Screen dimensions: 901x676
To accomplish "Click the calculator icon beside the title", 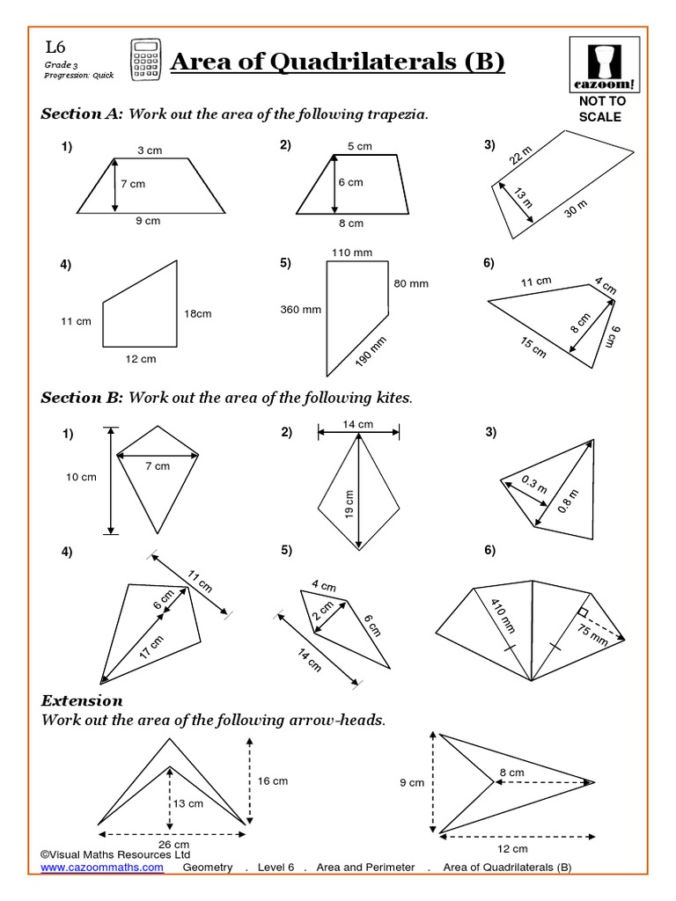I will tap(144, 61).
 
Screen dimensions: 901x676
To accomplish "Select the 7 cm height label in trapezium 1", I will tap(131, 184).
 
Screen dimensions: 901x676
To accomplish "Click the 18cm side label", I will tap(198, 314).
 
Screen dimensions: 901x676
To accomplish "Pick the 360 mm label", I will tap(301, 310).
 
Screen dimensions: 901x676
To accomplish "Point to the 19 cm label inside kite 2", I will tap(349, 504).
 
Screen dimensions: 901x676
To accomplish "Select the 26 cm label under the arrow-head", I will tap(173, 844).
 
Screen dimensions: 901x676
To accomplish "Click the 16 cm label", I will tap(272, 780).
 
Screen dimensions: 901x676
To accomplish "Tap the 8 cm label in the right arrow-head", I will tap(511, 773).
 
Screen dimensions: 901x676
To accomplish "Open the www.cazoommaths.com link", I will tap(102, 868).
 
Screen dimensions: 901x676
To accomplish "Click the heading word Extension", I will tap(82, 701).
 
